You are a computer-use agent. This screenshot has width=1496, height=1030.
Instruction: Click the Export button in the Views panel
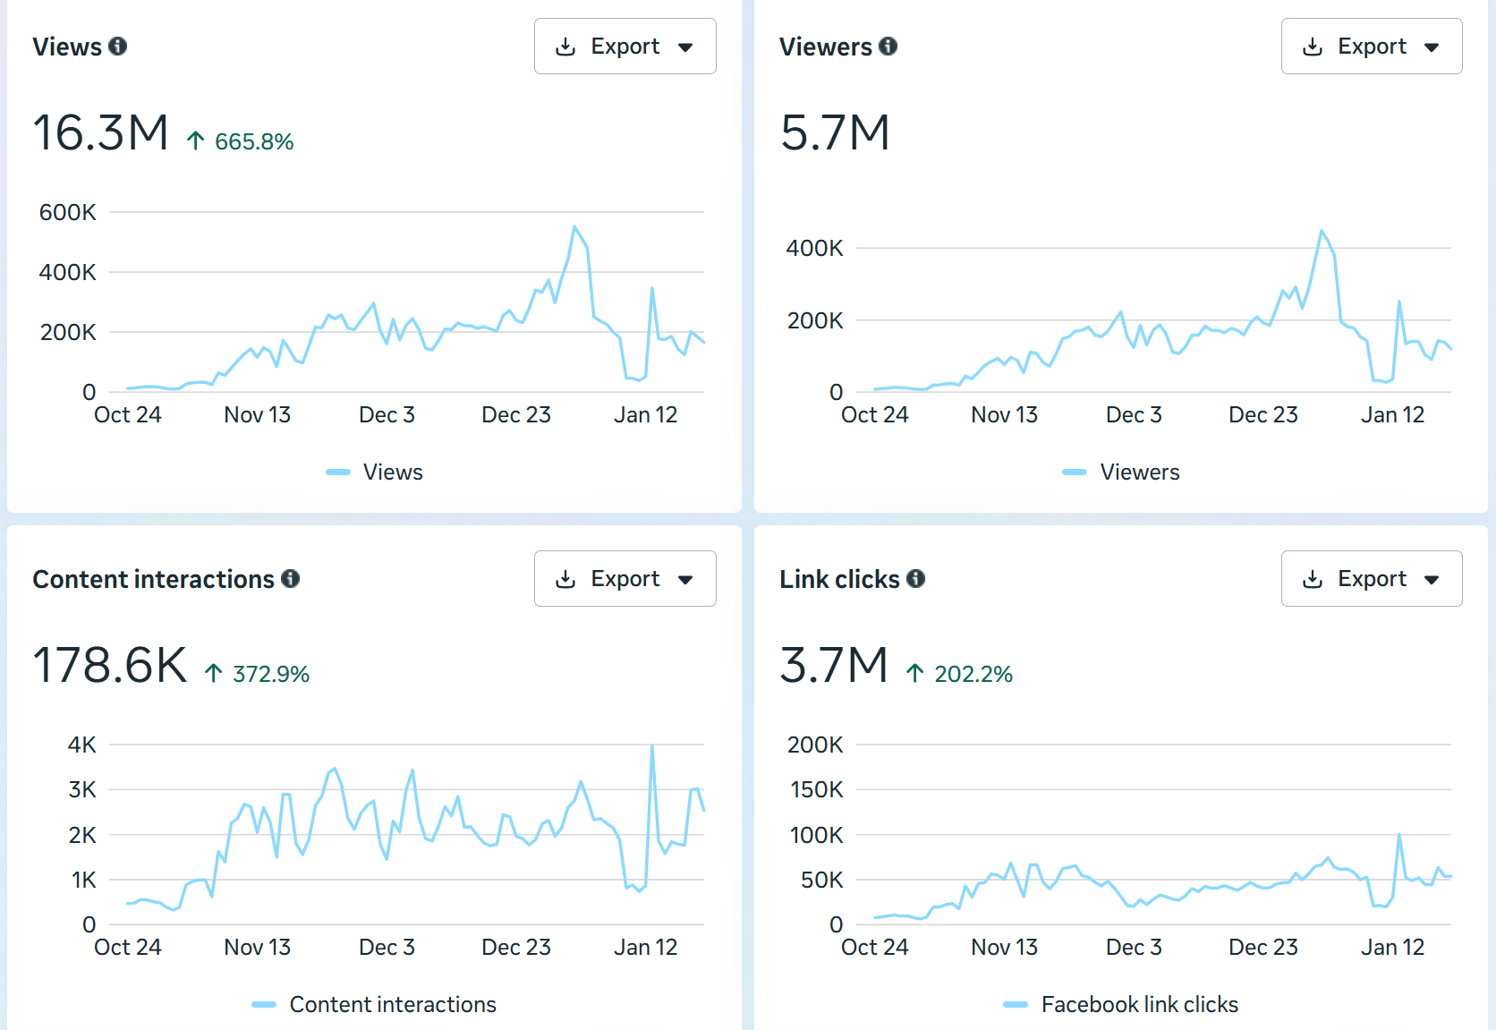pyautogui.click(x=625, y=47)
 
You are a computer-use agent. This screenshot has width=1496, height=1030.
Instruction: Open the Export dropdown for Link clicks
pyautogui.click(x=1371, y=579)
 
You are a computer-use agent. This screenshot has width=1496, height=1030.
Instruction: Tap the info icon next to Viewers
pyautogui.click(x=888, y=47)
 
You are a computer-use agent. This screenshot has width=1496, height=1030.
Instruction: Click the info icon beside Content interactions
pyautogui.click(x=290, y=579)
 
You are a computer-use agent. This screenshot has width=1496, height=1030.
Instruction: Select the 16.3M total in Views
pyautogui.click(x=100, y=133)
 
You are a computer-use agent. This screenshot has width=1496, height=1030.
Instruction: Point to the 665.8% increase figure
pyautogui.click(x=253, y=141)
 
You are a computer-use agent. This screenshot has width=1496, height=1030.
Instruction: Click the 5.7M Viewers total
pyautogui.click(x=834, y=133)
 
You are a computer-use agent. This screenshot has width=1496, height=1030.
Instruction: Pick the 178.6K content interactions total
pyautogui.click(x=109, y=666)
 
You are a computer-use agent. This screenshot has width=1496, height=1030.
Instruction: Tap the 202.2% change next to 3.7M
pyautogui.click(x=973, y=674)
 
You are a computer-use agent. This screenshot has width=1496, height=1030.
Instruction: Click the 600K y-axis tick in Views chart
pyautogui.click(x=67, y=212)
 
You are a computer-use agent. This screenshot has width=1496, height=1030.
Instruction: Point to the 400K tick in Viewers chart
pyautogui.click(x=814, y=248)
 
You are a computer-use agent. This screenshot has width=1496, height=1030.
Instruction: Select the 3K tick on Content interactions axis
pyautogui.click(x=82, y=789)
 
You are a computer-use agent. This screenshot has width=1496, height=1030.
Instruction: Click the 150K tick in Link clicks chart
pyautogui.click(x=815, y=789)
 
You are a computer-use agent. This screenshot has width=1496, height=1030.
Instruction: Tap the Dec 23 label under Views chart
pyautogui.click(x=515, y=415)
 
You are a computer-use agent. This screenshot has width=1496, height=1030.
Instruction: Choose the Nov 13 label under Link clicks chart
pyautogui.click(x=1004, y=948)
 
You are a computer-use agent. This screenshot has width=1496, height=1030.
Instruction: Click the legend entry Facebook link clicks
pyautogui.click(x=1138, y=1005)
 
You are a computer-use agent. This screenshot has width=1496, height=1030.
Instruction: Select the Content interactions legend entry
pyautogui.click(x=392, y=1005)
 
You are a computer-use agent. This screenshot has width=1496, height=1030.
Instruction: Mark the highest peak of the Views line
pyautogui.click(x=574, y=227)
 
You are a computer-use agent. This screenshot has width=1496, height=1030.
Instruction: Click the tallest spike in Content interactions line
pyautogui.click(x=652, y=746)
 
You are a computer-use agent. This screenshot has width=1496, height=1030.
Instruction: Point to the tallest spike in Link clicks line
pyautogui.click(x=1399, y=835)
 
